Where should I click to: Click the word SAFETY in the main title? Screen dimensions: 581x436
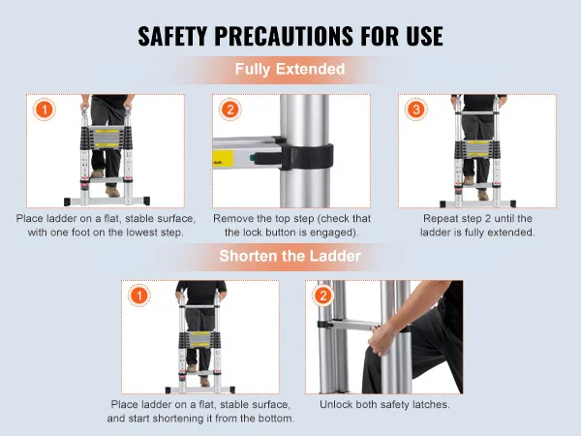pyautogui.click(x=172, y=36)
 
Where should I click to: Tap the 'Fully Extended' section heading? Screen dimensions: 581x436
pyautogui.click(x=290, y=70)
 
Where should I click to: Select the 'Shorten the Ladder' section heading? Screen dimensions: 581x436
pyautogui.click(x=290, y=256)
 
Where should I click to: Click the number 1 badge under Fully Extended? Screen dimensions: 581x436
pyautogui.click(x=45, y=109)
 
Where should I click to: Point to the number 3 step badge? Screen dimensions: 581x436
pyautogui.click(x=416, y=109)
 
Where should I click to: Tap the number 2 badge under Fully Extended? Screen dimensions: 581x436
pyautogui.click(x=230, y=109)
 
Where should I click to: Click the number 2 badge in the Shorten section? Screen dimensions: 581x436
pyautogui.click(x=323, y=296)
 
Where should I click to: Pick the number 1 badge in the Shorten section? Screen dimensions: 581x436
pyautogui.click(x=139, y=296)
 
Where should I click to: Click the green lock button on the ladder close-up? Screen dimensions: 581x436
pyautogui.click(x=253, y=158)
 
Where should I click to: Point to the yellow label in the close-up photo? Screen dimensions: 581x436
pyautogui.click(x=223, y=159)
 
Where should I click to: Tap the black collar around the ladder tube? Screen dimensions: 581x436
pyautogui.click(x=306, y=156)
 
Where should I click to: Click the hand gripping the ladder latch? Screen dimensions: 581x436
pyautogui.click(x=382, y=338)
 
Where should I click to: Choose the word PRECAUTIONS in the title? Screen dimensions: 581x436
pyautogui.click(x=284, y=36)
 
